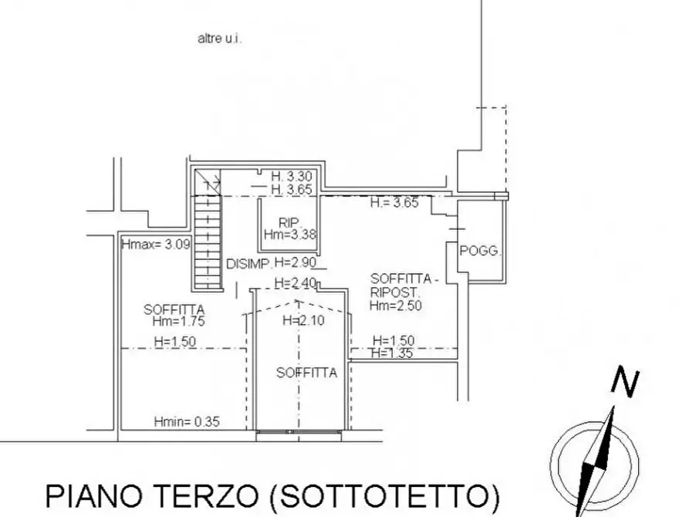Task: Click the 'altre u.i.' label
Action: (220, 38)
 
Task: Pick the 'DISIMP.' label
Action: (248, 264)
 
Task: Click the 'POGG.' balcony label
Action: (480, 251)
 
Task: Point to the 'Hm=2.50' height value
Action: (394, 306)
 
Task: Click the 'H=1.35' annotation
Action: (393, 353)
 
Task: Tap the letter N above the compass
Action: (624, 382)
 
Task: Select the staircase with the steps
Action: (207, 239)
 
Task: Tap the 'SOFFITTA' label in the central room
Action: (306, 373)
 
